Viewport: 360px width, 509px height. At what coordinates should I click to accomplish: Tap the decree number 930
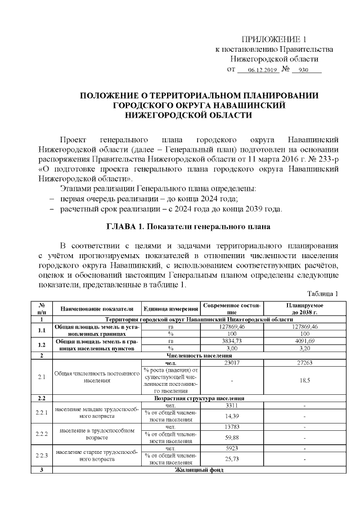click(x=303, y=71)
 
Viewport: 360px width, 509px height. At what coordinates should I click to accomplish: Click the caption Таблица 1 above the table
click(x=322, y=294)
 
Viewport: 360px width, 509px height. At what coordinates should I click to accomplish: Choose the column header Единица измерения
click(x=171, y=308)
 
